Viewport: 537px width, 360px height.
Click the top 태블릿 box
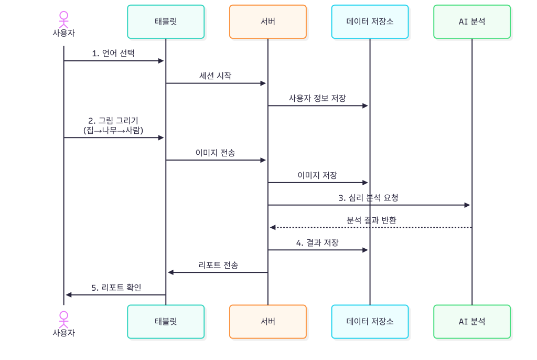coord(166,22)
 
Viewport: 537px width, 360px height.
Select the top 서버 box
coord(267,22)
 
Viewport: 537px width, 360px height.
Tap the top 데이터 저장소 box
coord(370,22)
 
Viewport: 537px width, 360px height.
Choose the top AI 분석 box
coord(471,22)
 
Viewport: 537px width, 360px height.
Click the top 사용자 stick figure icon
coord(63,19)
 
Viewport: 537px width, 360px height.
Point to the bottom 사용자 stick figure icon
coord(63,319)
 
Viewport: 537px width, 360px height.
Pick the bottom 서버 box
coord(267,322)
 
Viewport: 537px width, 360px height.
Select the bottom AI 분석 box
coord(471,322)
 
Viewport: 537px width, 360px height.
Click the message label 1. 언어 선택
coord(113,53)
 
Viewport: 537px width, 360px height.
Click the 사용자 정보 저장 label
coord(317,98)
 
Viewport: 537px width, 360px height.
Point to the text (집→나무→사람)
coord(113,130)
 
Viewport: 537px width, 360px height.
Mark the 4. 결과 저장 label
coord(317,242)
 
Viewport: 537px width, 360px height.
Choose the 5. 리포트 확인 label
coord(116,288)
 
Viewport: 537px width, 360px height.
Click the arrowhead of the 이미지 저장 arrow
coord(366,183)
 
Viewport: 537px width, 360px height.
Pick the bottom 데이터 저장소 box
coord(370,322)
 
